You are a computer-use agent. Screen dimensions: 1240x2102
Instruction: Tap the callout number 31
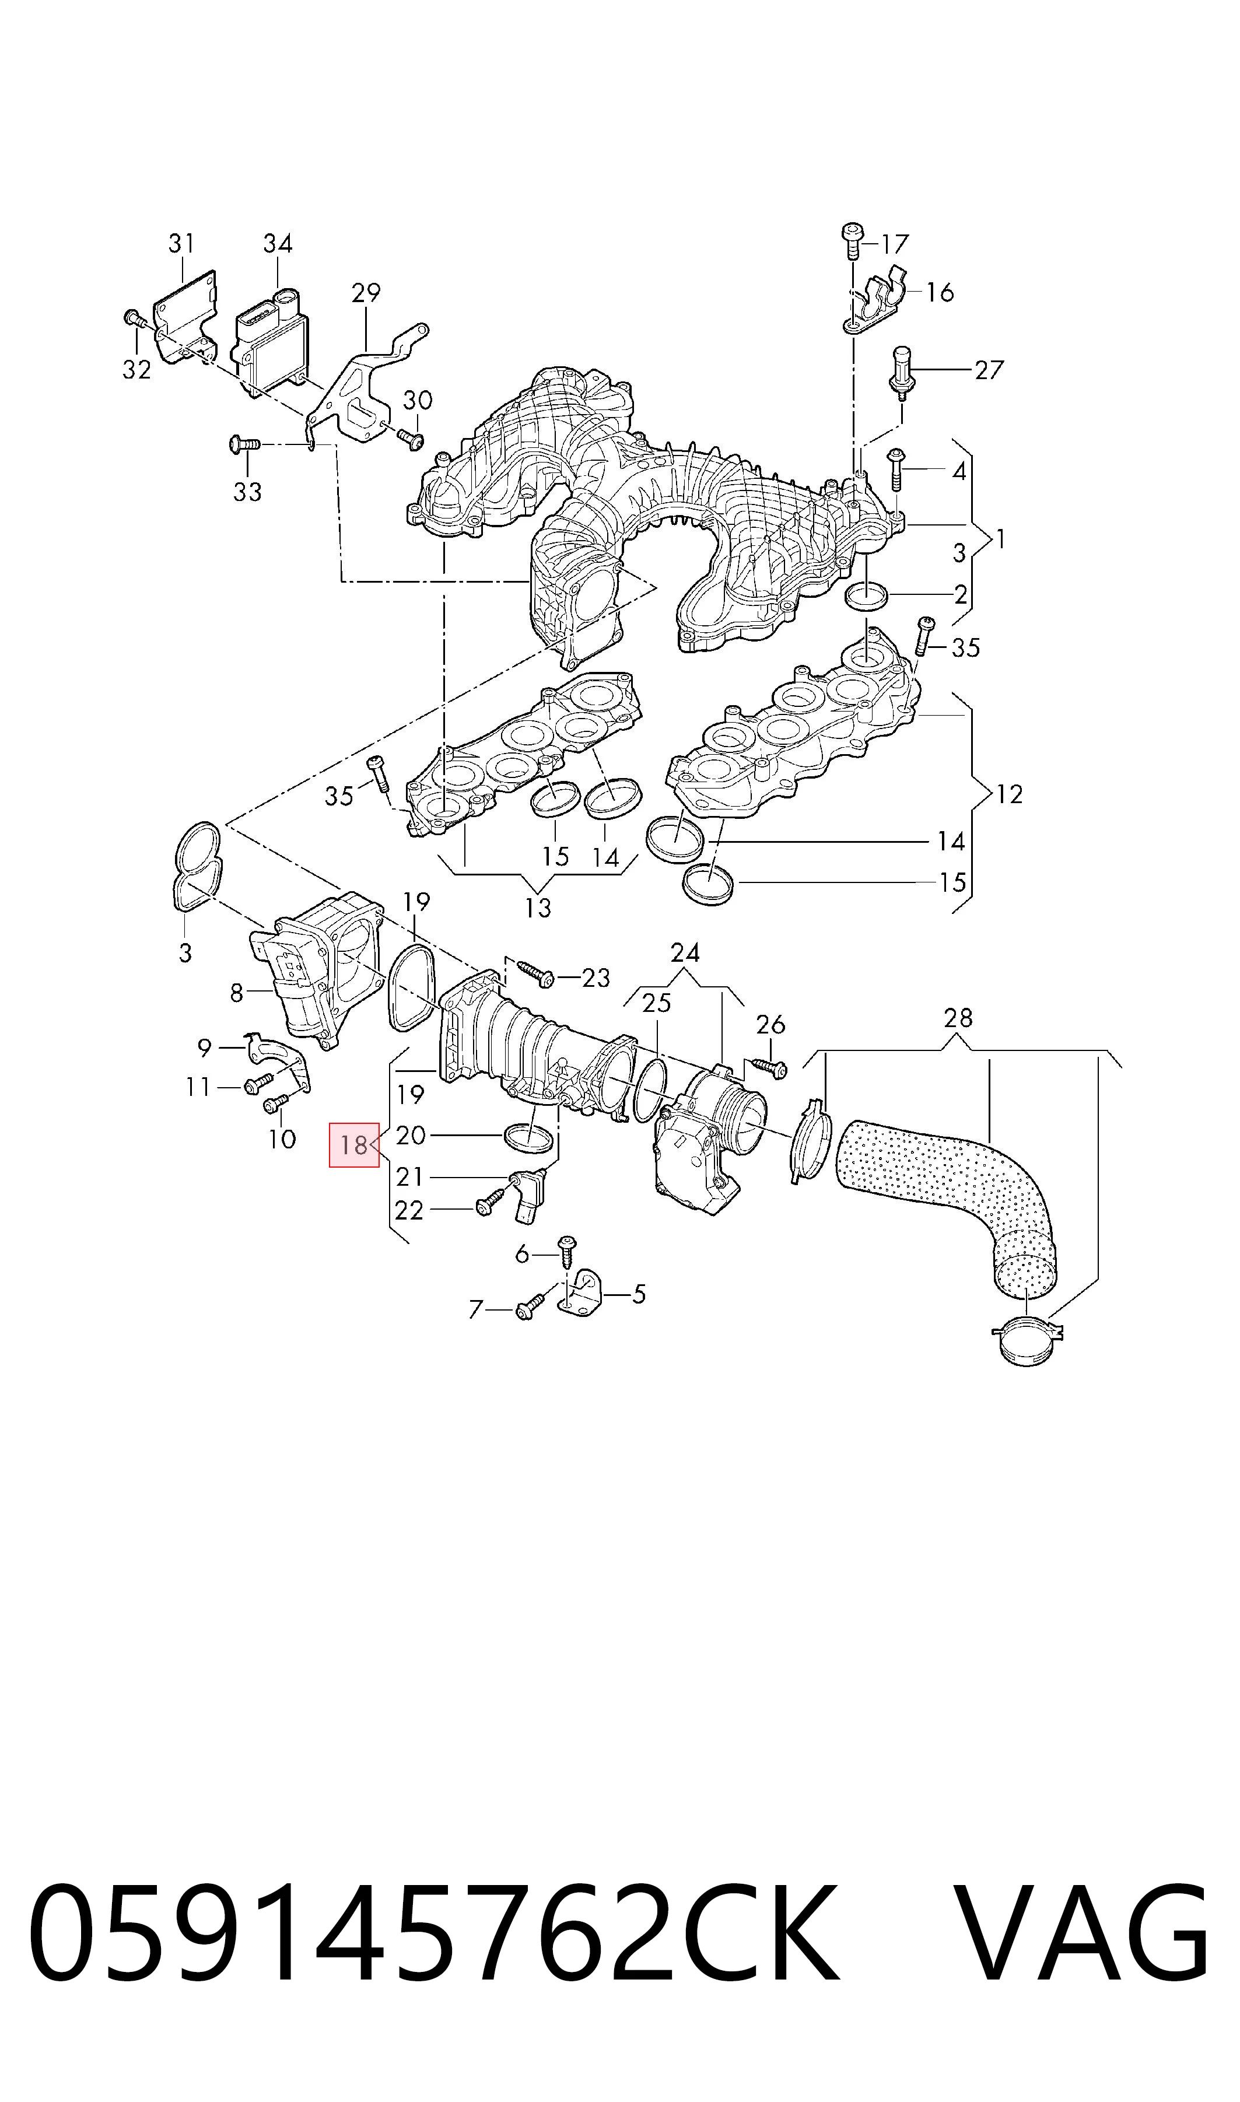coord(181,243)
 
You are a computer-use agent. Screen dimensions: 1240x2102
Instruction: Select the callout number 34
coord(278,243)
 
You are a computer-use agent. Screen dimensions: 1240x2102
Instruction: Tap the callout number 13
coord(538,908)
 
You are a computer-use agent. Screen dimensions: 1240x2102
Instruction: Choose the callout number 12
coord(1010,794)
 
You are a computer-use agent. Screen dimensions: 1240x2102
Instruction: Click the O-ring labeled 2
coord(867,597)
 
